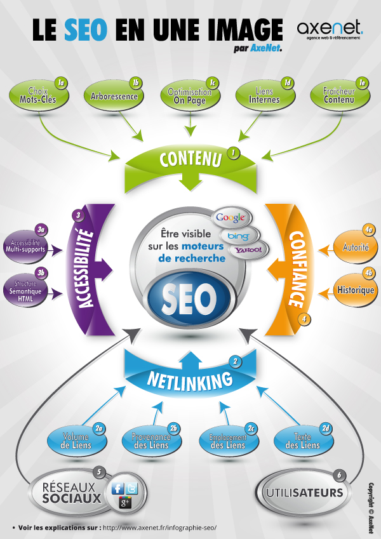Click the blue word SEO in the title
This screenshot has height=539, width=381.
coord(86,30)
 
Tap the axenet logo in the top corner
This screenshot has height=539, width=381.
coord(330,30)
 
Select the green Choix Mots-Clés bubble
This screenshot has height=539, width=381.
coord(39,96)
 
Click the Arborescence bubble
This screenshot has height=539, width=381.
coord(114,96)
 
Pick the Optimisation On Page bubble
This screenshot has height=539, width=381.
coord(190,96)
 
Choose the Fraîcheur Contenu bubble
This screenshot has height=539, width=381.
coord(340,96)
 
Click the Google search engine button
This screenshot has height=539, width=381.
coord(231,218)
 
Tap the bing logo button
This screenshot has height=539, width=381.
coord(239,236)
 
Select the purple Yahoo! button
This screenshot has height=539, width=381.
coord(248,250)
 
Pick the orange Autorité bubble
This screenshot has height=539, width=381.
coord(356,247)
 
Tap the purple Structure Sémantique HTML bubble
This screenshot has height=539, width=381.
coord(25,291)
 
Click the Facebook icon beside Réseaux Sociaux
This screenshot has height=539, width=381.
coord(118,488)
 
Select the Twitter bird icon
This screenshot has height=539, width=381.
coord(131,488)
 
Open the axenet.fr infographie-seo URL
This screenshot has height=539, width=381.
coord(159,528)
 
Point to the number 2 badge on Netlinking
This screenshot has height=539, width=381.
coord(236,361)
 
